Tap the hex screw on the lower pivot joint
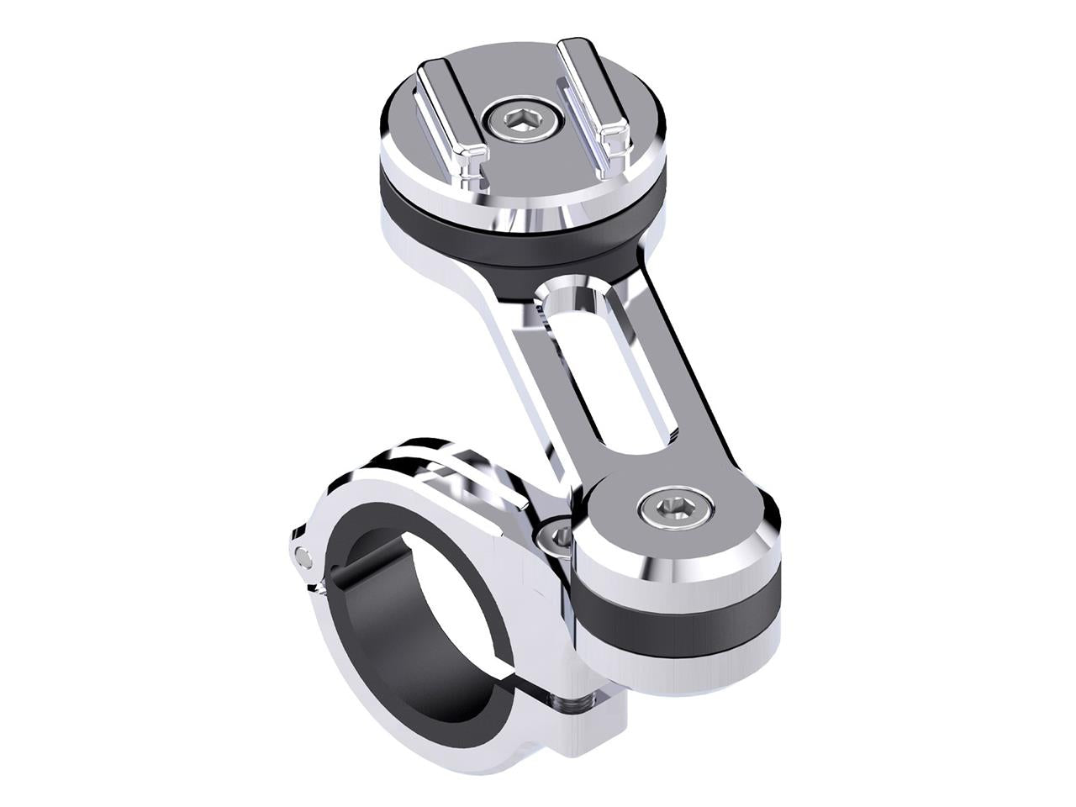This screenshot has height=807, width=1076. click(674, 507)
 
